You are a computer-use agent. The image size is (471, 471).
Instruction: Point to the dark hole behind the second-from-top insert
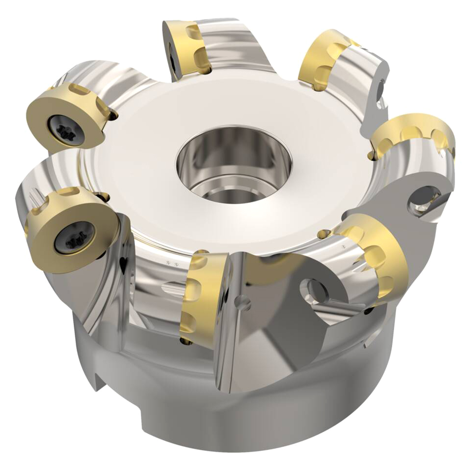click(381, 88)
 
